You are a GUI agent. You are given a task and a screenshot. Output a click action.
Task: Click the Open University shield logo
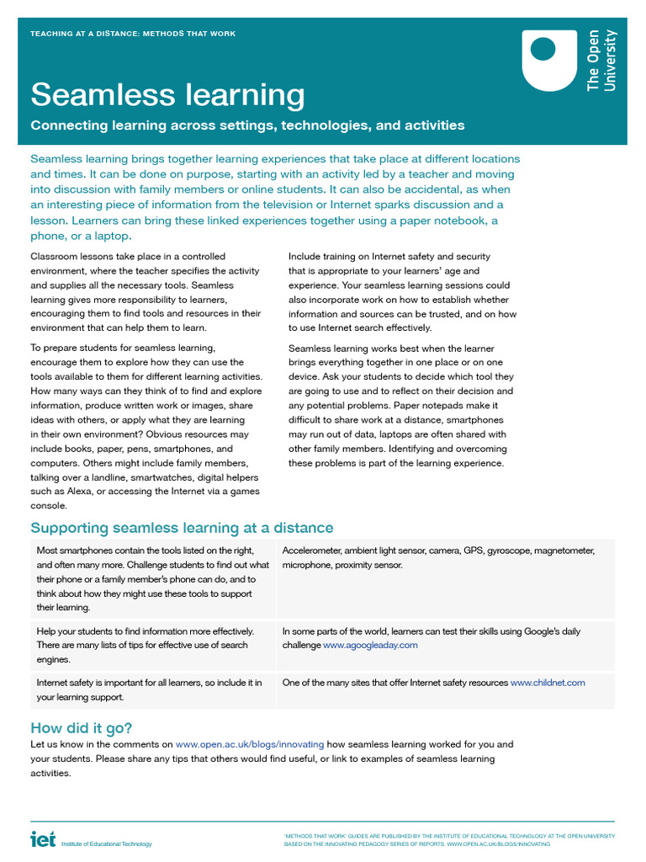(549, 60)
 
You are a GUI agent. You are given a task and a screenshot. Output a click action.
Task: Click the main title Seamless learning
(167, 94)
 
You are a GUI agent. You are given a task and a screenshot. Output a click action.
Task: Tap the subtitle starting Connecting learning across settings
(247, 125)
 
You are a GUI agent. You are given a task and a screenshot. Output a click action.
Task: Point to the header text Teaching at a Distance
(133, 34)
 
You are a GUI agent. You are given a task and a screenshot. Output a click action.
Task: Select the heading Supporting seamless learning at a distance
(182, 528)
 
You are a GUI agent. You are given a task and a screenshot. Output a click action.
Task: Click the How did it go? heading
(81, 728)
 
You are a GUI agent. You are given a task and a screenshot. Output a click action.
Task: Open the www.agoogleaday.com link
(370, 645)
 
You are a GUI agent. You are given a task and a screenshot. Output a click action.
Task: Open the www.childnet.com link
(548, 683)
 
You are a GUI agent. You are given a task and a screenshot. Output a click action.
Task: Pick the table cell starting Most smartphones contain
(153, 578)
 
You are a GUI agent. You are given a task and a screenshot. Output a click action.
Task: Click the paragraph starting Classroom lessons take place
(146, 291)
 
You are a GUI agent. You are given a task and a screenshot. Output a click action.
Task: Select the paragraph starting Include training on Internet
(402, 291)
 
